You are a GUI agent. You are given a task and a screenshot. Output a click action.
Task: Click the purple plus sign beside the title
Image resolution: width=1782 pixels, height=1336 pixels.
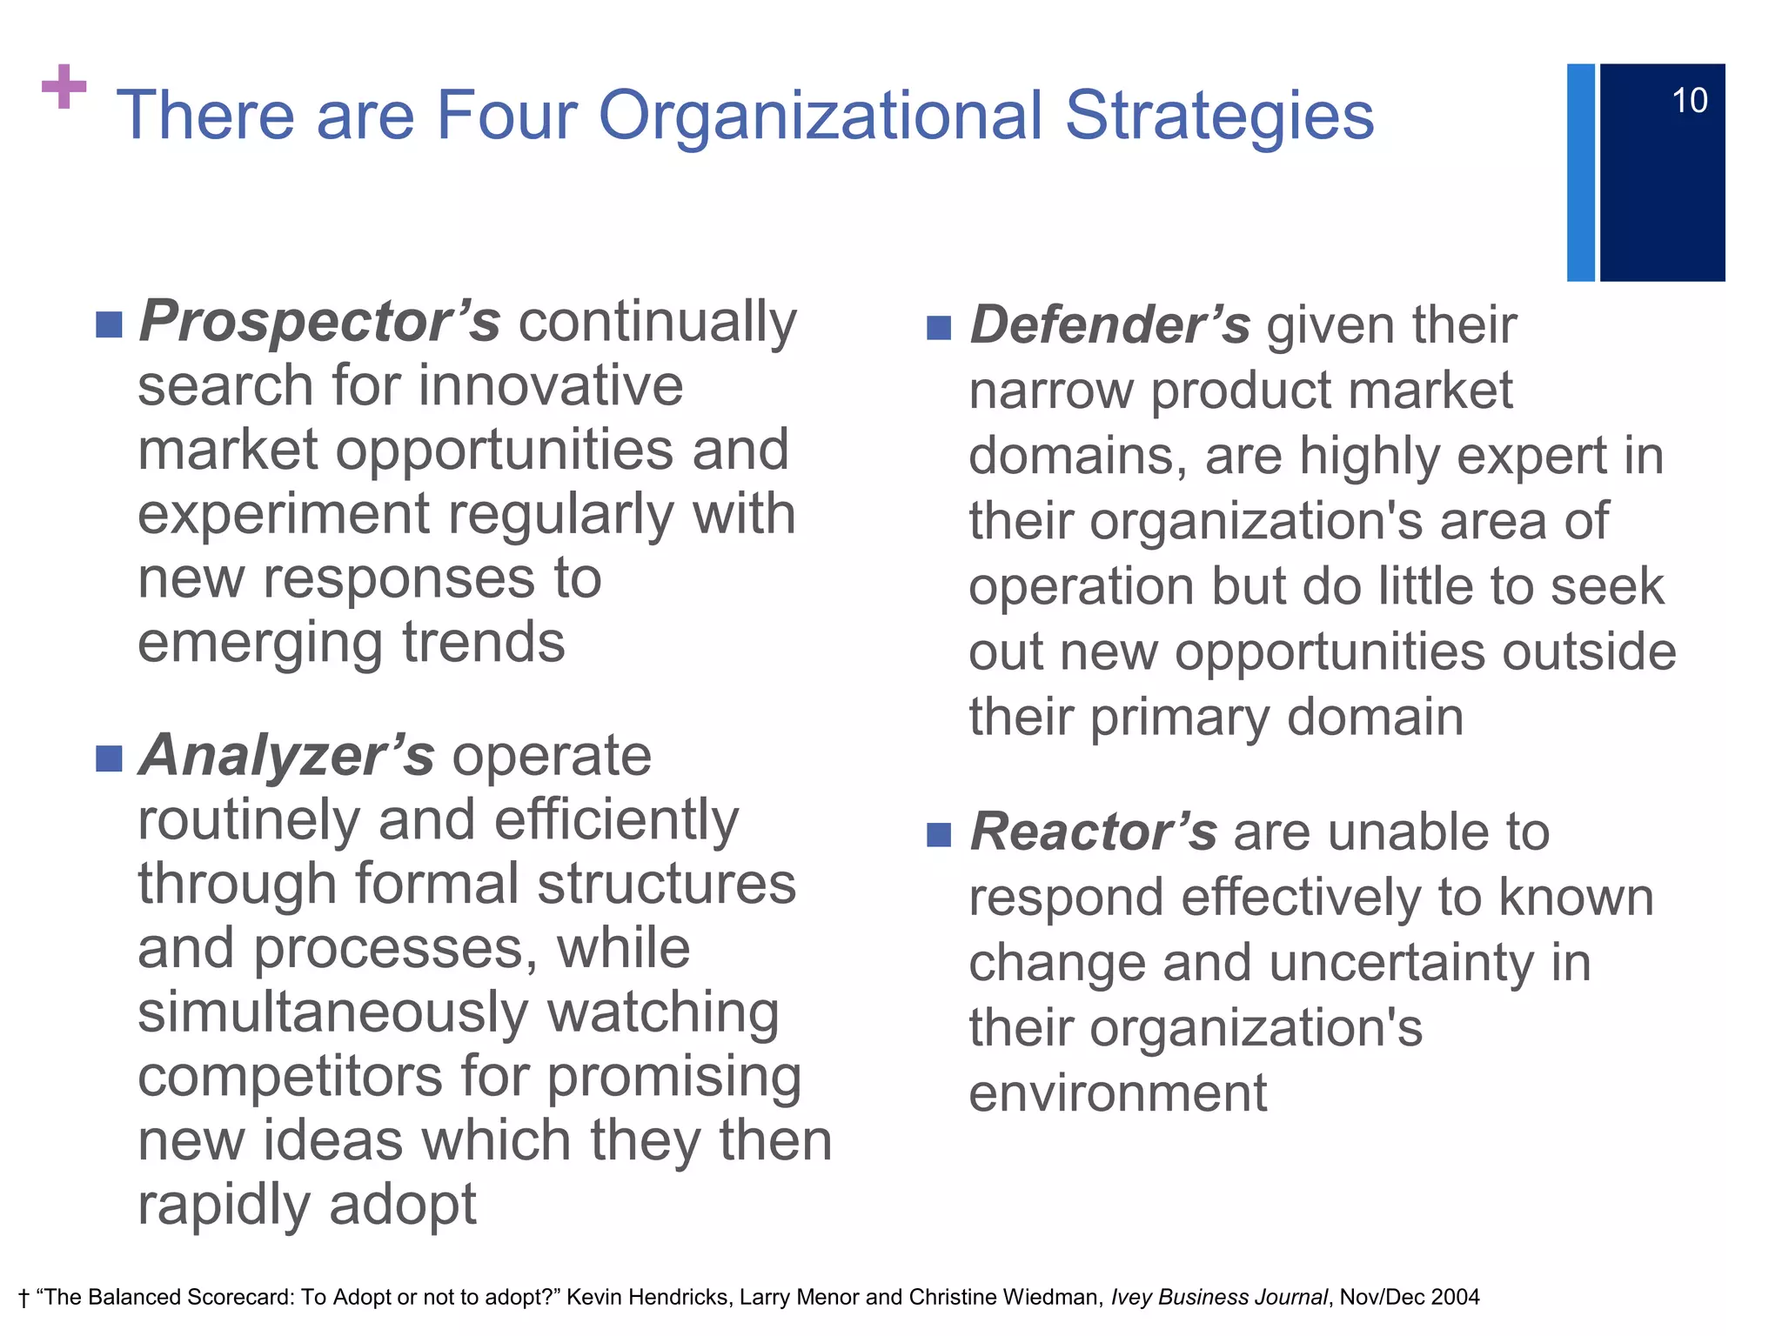64,87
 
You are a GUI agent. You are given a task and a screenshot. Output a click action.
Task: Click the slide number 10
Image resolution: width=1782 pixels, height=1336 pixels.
1689,101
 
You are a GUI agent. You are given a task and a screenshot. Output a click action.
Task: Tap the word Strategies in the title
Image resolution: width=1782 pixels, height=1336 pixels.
1219,116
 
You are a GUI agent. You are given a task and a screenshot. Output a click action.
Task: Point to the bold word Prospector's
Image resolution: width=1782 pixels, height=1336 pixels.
319,322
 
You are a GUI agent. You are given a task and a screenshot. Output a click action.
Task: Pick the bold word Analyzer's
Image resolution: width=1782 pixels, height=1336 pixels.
286,755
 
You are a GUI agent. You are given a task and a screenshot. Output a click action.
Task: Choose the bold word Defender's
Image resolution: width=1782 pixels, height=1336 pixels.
1109,325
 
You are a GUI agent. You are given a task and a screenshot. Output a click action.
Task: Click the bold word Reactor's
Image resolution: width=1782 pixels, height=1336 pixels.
1093,832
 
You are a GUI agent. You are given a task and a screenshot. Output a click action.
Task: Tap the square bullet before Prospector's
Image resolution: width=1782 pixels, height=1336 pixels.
109,324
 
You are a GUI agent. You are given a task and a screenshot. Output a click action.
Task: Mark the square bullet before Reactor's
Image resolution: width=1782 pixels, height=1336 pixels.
939,835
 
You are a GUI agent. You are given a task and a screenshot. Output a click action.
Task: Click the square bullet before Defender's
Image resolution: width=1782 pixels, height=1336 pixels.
939,328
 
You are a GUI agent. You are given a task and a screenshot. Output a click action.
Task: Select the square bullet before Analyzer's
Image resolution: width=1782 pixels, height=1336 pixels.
109,758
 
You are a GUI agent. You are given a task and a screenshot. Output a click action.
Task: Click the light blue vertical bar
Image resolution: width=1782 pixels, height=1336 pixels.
1580,172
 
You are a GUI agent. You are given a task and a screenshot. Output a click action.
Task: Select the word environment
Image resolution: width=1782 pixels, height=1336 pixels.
1118,1093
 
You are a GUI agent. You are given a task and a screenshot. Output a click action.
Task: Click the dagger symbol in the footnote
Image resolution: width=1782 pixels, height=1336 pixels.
23,1299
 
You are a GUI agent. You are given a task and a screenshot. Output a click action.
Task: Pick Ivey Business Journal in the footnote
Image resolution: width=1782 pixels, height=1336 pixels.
1219,1298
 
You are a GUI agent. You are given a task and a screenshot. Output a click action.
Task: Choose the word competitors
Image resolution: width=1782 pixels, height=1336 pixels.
291,1077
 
